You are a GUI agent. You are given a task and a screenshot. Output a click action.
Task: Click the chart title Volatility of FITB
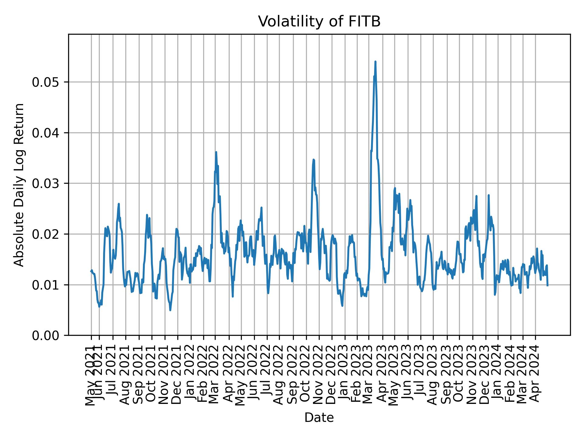[319, 22]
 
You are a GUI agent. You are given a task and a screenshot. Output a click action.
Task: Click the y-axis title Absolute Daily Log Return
[19, 185]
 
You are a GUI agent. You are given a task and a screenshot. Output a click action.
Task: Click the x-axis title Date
[319, 418]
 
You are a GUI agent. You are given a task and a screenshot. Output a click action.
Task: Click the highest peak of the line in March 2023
[375, 61]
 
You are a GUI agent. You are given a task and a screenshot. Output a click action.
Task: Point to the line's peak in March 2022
[216, 152]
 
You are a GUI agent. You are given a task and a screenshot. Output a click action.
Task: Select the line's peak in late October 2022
[314, 159]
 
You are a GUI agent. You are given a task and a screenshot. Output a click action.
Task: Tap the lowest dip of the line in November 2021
[170, 310]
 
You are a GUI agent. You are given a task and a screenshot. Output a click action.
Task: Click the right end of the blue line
[547, 285]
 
